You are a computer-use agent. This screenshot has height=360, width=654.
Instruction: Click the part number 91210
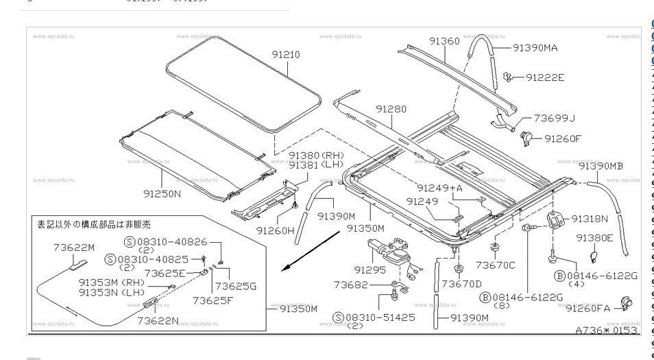point(286,55)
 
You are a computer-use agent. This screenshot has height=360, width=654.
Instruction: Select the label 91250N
point(162,194)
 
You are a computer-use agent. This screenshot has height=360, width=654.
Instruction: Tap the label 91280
point(391,109)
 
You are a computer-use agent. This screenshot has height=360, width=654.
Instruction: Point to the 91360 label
point(444,41)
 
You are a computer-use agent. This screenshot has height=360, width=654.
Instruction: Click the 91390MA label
point(535,47)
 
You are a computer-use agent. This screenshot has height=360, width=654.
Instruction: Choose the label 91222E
point(545,77)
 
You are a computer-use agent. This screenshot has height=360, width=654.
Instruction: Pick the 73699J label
point(554,118)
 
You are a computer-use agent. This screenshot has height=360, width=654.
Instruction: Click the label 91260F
point(562,139)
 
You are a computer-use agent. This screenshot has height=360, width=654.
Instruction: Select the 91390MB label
point(601,166)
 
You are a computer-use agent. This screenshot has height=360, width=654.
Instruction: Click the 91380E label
point(594,238)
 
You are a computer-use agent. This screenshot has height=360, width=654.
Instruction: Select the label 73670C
point(495,265)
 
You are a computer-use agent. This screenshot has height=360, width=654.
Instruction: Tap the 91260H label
point(275,230)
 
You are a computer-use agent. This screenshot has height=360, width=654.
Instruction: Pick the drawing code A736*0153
point(606,331)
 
